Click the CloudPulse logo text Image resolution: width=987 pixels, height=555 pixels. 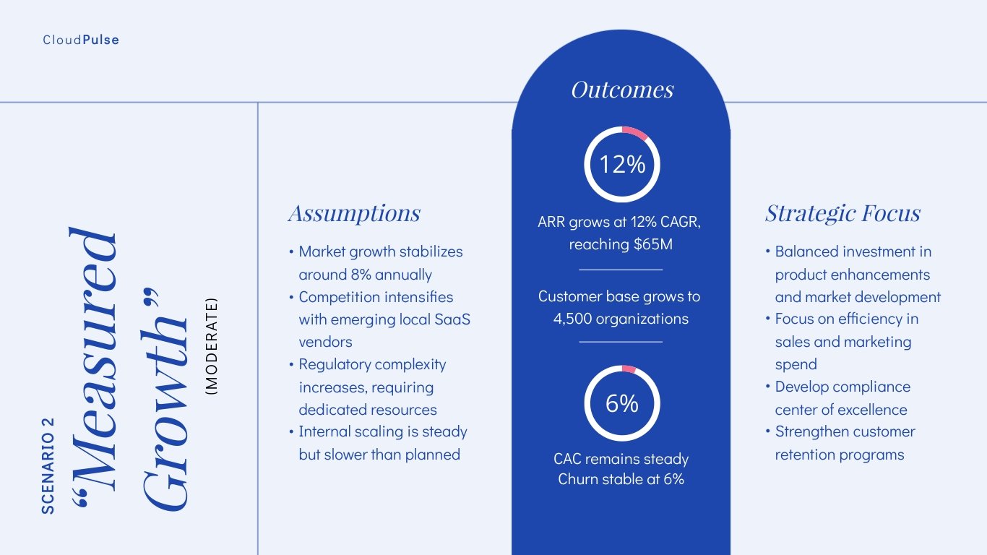pos(81,40)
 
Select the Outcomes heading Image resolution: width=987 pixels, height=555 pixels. pos(621,89)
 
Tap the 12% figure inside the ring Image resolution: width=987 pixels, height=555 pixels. pos(621,164)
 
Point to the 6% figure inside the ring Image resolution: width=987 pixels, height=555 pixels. pos(621,403)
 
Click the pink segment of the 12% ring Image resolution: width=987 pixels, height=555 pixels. pos(636,132)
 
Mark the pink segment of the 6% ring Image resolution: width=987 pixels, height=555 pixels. pos(628,369)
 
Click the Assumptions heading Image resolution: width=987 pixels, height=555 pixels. pos(354,213)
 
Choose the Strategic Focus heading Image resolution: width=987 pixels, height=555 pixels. pos(842,213)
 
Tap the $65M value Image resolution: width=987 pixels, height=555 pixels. pos(652,244)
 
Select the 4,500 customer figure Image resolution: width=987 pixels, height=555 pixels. pos(575,319)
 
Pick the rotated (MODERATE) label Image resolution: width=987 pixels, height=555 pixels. pos(212,346)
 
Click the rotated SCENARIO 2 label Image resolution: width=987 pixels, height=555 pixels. pos(48,465)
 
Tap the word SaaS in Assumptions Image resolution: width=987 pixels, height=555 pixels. pos(453,319)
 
